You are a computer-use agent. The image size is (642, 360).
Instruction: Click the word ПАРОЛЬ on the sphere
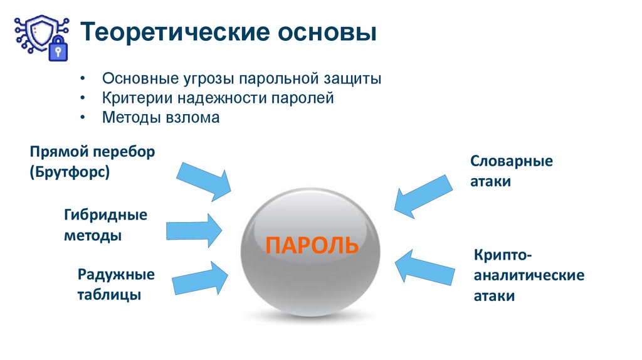tap(312, 244)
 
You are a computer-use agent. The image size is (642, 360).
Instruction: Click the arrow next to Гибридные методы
tap(194, 230)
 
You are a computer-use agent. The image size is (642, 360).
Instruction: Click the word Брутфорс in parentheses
tap(69, 172)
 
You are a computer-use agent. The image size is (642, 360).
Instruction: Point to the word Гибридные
tap(105, 215)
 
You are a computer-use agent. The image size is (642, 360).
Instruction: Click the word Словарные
tap(512, 161)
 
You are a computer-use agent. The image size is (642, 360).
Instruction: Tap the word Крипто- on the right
tap(503, 255)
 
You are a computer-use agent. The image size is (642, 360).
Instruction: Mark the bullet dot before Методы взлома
tap(82, 118)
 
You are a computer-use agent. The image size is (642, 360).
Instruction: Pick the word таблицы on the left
tap(109, 295)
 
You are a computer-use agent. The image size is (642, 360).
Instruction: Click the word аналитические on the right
tap(529, 275)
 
